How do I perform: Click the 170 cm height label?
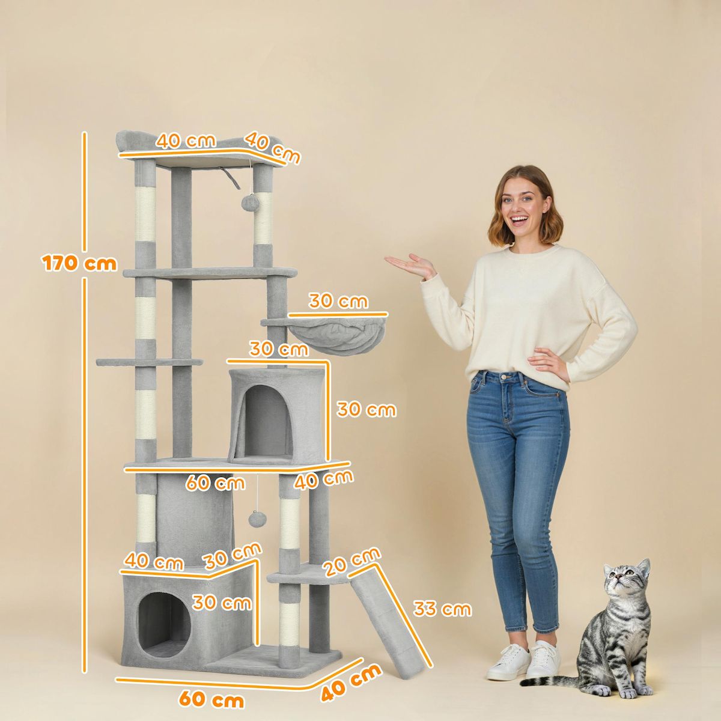tap(79, 263)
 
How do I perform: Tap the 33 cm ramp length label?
tap(442, 609)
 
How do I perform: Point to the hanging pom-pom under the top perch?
tap(250, 202)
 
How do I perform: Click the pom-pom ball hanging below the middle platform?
tap(258, 519)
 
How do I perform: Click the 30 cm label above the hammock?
tap(338, 301)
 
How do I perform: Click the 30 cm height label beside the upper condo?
tap(366, 410)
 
